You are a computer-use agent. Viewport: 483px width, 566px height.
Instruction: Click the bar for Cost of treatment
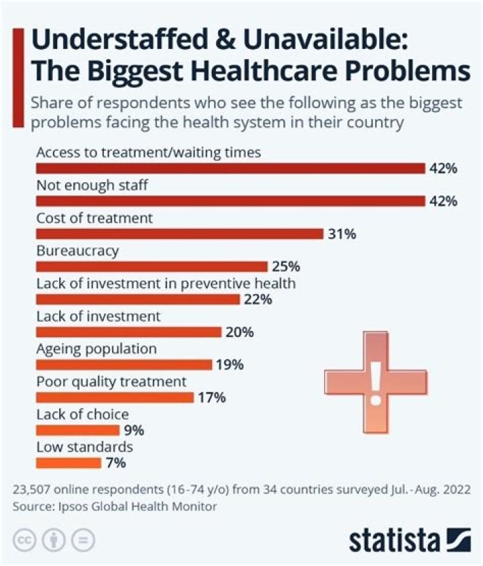[x=180, y=234]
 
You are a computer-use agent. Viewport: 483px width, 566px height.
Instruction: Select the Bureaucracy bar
[x=152, y=267]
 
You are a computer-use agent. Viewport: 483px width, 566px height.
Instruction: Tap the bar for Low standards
[x=68, y=463]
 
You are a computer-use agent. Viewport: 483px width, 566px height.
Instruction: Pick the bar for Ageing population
[x=124, y=365]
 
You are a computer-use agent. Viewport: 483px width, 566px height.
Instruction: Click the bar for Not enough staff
[x=230, y=201]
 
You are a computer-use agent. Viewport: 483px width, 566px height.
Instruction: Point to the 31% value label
[x=342, y=234]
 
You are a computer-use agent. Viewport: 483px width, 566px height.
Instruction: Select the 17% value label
[x=211, y=398]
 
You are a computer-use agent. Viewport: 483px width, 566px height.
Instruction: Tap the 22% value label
[x=258, y=299]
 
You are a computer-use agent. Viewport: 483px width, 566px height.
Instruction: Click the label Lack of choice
[x=82, y=415]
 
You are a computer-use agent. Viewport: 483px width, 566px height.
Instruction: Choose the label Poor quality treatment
[x=111, y=382]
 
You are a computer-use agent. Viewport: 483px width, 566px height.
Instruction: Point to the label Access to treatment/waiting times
[x=148, y=153]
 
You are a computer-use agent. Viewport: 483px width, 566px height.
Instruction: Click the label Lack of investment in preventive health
[x=166, y=283]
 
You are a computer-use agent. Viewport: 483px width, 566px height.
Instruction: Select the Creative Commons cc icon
[x=24, y=540]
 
